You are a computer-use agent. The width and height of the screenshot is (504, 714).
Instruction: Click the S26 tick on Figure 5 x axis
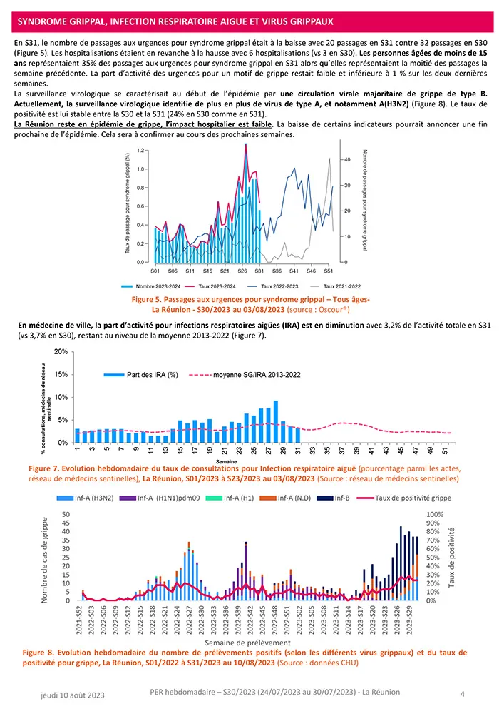point(242,271)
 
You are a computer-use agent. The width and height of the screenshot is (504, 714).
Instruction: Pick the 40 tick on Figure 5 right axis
point(346,159)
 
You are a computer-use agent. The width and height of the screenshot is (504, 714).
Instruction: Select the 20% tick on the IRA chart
point(61,352)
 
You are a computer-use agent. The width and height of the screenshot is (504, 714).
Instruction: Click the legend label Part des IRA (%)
point(152,375)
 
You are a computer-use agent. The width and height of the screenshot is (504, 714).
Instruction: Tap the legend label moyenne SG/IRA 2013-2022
point(257,375)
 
